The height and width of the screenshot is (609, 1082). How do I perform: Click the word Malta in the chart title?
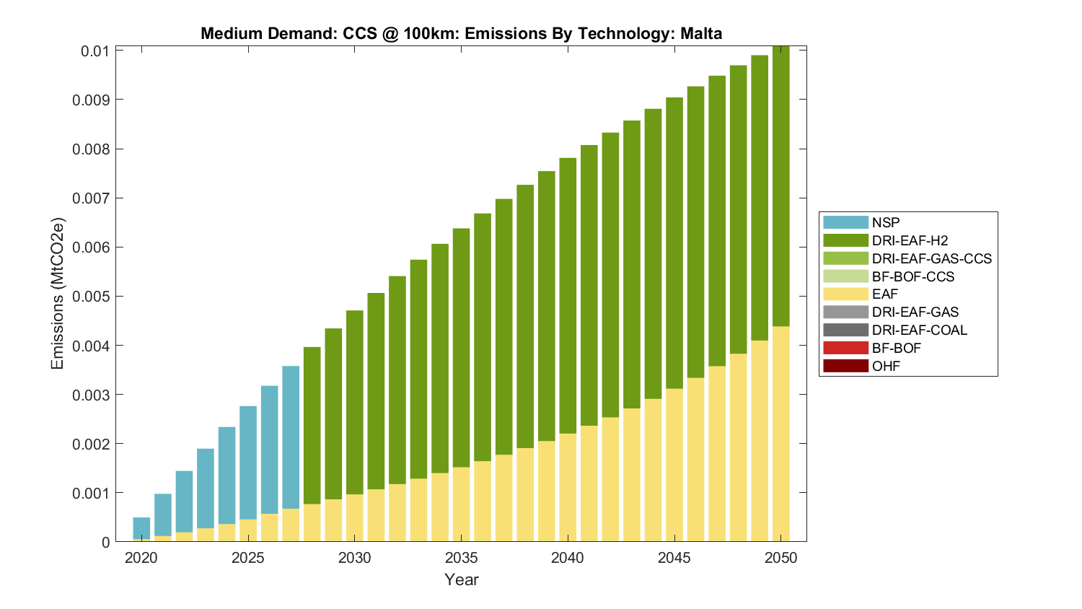700,33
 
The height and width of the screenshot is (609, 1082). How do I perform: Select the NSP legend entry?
885,222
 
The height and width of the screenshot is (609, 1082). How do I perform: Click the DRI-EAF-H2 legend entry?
909,240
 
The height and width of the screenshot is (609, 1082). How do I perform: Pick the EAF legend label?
885,294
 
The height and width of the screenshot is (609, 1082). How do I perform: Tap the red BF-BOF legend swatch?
845,348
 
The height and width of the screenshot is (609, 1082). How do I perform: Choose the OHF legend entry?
886,366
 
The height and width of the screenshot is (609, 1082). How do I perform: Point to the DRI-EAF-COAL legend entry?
919,330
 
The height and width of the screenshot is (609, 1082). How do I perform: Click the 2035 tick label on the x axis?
461,558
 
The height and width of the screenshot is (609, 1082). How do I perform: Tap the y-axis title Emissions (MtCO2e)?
58,293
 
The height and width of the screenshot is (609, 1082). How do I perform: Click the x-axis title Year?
461,579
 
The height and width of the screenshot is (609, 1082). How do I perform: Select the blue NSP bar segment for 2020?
141,527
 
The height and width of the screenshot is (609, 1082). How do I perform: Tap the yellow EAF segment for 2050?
781,434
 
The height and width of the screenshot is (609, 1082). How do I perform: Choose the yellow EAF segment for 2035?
461,504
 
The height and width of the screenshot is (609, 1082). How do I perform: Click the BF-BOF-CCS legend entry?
912,276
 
